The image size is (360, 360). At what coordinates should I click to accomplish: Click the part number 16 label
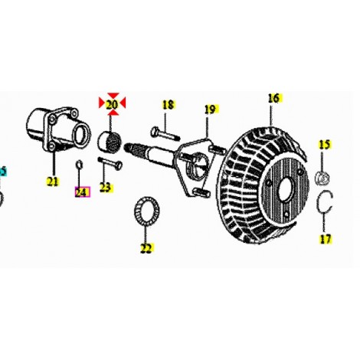[273, 98]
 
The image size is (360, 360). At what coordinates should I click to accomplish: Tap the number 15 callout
[325, 145]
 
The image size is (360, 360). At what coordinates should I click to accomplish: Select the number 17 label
[326, 239]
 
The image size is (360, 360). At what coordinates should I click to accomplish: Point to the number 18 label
[168, 105]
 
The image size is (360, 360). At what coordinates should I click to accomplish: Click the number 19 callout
[210, 110]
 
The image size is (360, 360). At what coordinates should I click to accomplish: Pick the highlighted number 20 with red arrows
[112, 104]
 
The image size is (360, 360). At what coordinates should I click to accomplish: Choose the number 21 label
[53, 182]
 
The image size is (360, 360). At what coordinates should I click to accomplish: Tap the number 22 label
[146, 248]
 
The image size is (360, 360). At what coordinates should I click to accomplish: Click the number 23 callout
[106, 188]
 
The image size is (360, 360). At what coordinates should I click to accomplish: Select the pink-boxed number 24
[82, 192]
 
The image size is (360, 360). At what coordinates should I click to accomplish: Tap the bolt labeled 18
[165, 133]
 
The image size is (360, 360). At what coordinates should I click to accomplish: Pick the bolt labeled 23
[110, 162]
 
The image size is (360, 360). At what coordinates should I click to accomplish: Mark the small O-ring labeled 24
[79, 165]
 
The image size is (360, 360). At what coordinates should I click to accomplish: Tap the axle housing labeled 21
[57, 130]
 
